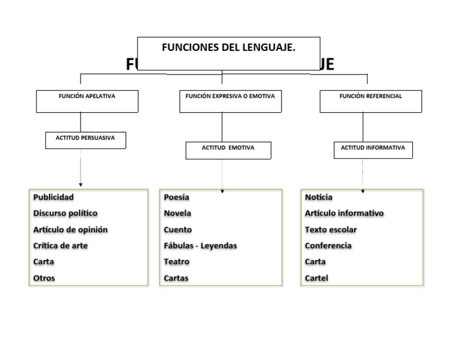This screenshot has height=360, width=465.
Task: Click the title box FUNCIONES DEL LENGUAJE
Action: (x=228, y=53)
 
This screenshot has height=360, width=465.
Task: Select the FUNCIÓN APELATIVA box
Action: (x=87, y=101)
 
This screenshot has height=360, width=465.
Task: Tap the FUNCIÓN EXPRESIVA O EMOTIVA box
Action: (x=230, y=101)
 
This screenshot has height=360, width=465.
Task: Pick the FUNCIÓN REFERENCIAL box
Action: (x=371, y=101)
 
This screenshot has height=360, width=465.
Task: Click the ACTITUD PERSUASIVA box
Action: (x=85, y=140)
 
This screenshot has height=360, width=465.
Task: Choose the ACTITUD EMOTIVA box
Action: (x=228, y=150)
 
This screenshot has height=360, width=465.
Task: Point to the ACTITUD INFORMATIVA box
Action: (x=373, y=150)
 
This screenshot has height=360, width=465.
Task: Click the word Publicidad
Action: (x=53, y=197)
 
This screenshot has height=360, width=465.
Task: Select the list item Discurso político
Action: (x=65, y=213)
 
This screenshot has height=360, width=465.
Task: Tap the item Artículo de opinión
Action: (x=70, y=230)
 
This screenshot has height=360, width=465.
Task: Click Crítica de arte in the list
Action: (x=61, y=246)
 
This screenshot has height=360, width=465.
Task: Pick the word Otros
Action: (x=44, y=278)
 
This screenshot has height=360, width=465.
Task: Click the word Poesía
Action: (x=176, y=197)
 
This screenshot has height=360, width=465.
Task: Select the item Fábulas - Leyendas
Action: (x=200, y=246)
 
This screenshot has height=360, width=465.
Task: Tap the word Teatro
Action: (x=176, y=262)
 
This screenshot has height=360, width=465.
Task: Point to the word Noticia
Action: (x=318, y=197)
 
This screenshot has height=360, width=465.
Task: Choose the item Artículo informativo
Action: (x=344, y=213)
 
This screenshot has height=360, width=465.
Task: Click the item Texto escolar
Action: (x=331, y=230)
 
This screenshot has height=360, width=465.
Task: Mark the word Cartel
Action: (x=317, y=278)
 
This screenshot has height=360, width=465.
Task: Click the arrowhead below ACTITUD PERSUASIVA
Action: (x=81, y=184)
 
